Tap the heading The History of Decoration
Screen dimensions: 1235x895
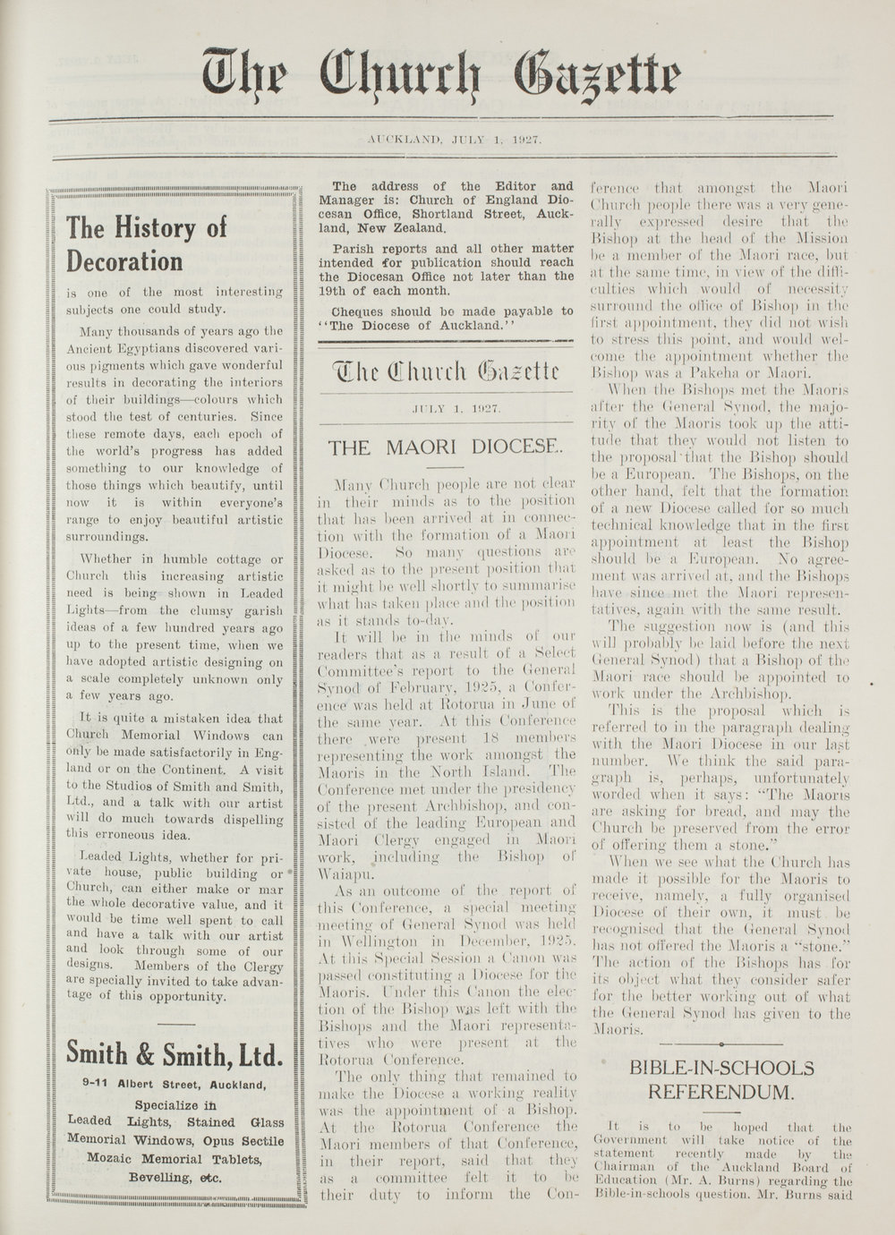tap(148, 243)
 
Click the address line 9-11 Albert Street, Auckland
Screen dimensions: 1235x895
tap(173, 1086)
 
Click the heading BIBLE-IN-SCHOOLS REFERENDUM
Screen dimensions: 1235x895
tap(720, 1080)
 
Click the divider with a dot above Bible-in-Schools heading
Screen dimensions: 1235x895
tap(720, 1044)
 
